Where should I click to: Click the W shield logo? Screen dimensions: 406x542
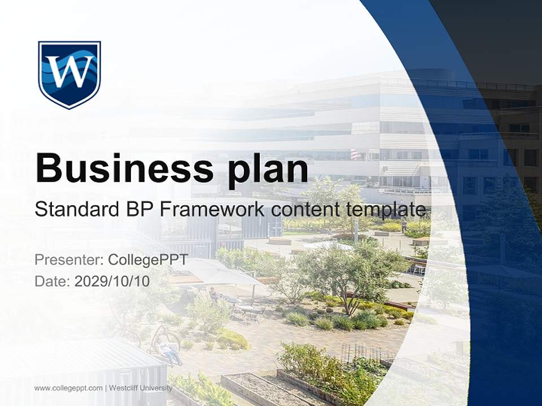(69, 74)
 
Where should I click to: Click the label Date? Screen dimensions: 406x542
(53, 281)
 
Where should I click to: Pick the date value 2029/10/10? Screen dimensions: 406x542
(112, 281)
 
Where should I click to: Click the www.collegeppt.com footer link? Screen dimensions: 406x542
(68, 388)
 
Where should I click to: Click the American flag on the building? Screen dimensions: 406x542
(355, 154)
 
